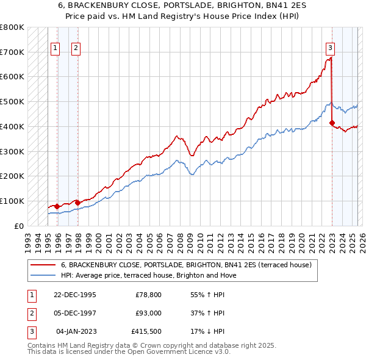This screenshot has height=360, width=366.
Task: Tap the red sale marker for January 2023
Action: pos(332,123)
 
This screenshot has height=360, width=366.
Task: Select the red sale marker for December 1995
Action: pos(57,206)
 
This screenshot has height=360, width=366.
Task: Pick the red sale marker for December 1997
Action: pos(77,203)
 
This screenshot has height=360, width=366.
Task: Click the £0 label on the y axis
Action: pos(18,226)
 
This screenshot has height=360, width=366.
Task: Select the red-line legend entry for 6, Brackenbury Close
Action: pos(186,265)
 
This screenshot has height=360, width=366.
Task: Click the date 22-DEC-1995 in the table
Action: pos(75,295)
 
